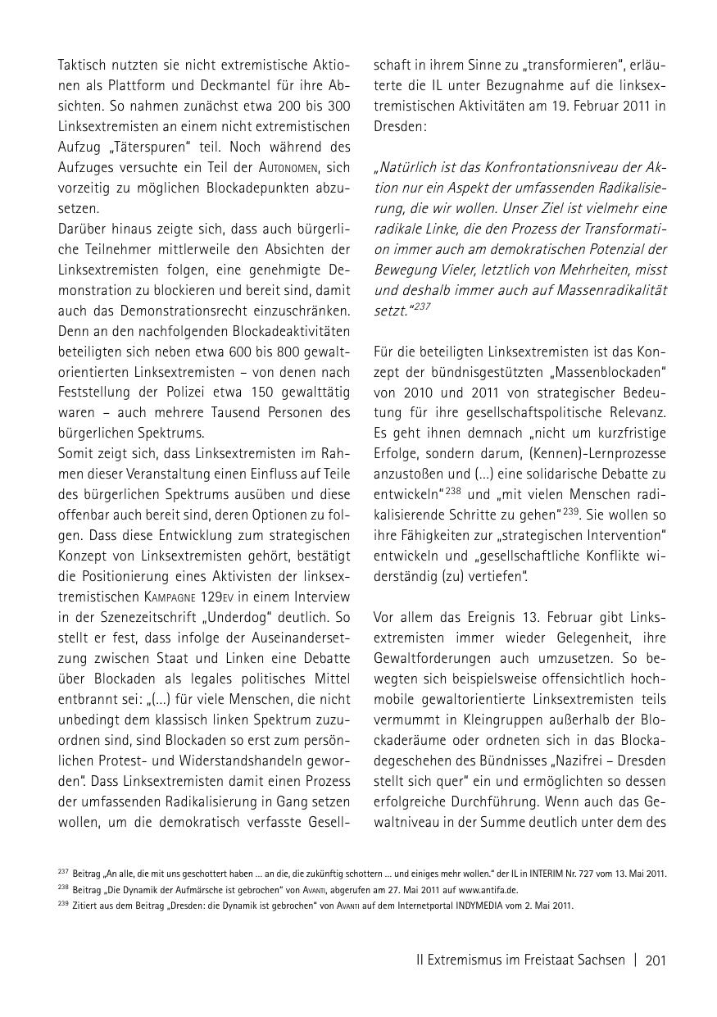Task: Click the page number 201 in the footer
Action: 656,960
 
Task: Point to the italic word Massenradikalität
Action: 612,289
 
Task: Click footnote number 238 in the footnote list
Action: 63,888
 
